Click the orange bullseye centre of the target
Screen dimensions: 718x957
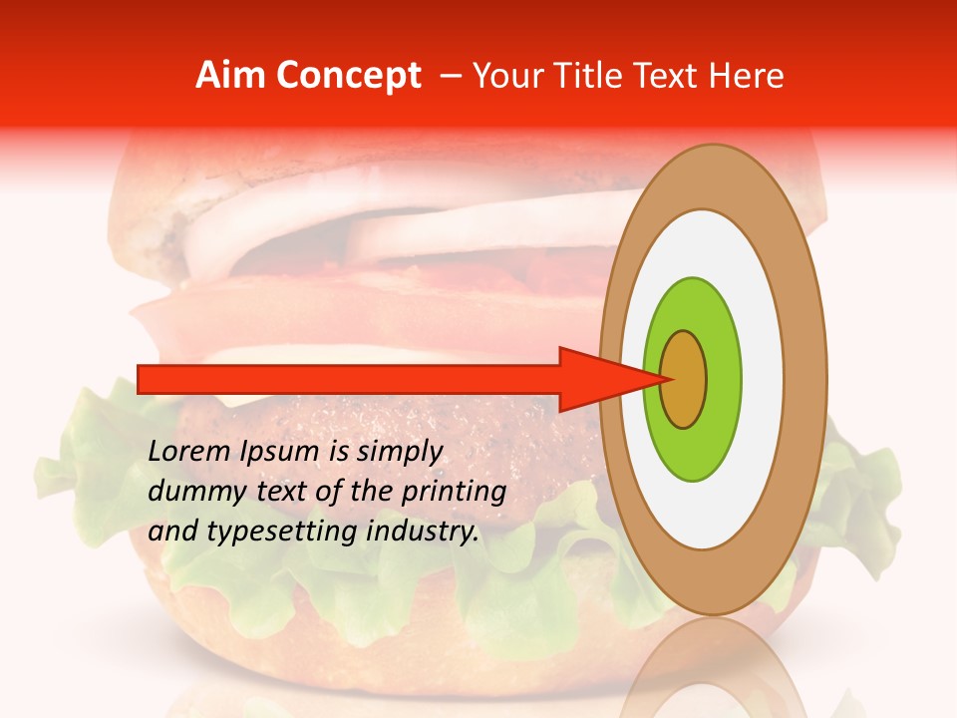[x=684, y=379]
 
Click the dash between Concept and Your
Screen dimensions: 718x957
[x=451, y=77]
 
